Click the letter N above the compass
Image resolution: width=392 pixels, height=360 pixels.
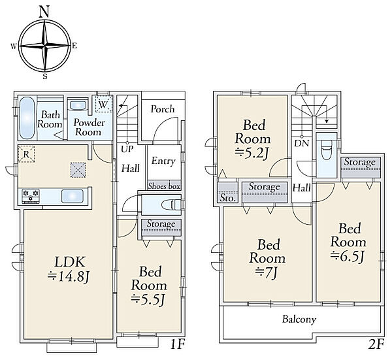point(44,12)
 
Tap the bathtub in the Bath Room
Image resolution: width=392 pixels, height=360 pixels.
point(27,118)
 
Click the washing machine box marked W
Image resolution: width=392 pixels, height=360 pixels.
point(104,104)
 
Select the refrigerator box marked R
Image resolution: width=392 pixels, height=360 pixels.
point(26,154)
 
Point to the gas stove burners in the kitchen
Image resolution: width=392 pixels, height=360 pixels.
point(31,196)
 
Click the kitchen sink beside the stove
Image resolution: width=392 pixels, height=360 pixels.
point(73,196)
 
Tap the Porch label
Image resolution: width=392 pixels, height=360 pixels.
point(163,109)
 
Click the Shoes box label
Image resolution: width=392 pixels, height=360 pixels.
point(164,186)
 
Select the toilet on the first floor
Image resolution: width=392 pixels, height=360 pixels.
point(171,205)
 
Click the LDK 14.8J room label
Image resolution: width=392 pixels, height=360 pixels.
point(68,269)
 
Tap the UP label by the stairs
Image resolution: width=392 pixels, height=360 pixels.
point(127,149)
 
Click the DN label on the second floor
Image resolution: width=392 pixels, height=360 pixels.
point(302,144)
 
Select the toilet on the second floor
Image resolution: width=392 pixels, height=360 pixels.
point(326,150)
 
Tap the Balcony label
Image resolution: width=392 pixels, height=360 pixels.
point(299,319)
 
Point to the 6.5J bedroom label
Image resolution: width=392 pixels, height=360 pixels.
point(348,242)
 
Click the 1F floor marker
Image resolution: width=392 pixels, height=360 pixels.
point(178,345)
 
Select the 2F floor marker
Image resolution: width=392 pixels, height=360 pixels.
point(376,345)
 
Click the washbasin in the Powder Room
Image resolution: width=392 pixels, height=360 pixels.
point(78,105)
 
